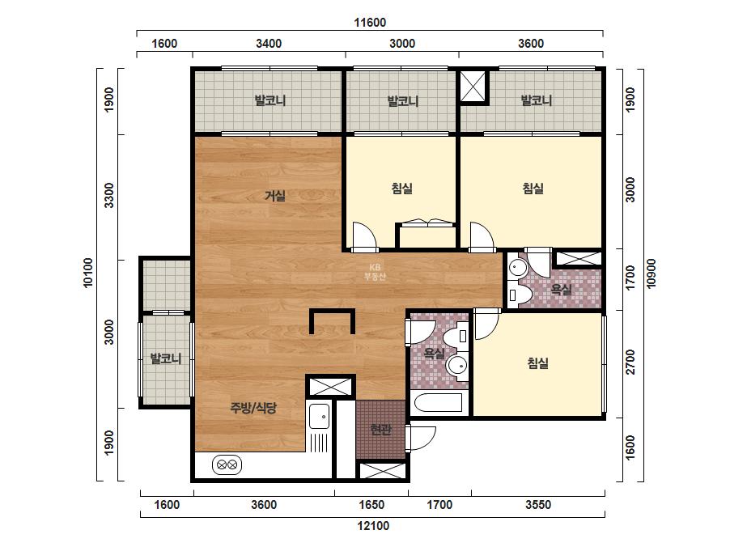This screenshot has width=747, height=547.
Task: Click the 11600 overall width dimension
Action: coord(370,23)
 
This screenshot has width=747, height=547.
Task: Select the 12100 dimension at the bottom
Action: coord(373,526)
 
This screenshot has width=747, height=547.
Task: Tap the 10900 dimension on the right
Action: coord(652,273)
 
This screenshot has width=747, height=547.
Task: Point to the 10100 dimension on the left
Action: coord(88,273)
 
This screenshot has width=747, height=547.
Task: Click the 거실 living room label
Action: coord(275,195)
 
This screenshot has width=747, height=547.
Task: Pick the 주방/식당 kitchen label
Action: coord(253,407)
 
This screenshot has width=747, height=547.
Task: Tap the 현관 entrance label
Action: coord(380,430)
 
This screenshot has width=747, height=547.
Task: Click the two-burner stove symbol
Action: coord(227,464)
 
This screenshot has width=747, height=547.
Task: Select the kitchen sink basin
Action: coord(319,417)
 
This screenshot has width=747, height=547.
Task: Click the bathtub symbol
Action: coord(438,403)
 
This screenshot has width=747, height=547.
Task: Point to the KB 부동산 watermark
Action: coord(375,272)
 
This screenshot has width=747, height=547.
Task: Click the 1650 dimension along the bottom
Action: coord(371,505)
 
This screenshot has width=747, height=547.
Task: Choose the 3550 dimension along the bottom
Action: coord(538,505)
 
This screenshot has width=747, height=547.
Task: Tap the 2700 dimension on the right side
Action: coord(630,363)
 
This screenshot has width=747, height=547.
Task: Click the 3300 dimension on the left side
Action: coord(109,195)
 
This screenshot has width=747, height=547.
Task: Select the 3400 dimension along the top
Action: coord(269,44)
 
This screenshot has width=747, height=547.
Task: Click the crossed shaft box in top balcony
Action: coord(474,87)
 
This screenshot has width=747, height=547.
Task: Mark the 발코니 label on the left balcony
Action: coord(166,358)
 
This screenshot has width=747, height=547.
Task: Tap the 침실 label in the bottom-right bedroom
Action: coord(538,363)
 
